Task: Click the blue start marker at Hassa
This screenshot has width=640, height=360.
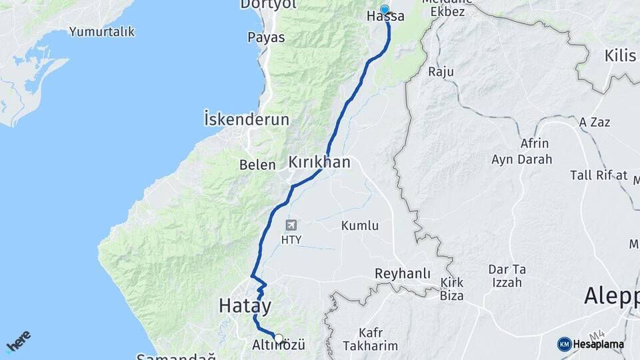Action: (385, 10)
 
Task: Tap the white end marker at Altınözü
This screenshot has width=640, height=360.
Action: (279, 338)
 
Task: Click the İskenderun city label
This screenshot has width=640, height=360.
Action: (247, 120)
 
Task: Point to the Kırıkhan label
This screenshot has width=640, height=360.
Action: (319, 162)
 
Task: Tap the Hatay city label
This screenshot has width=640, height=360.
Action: (245, 307)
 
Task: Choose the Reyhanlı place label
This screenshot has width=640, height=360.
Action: (403, 274)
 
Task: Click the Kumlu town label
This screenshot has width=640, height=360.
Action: (360, 226)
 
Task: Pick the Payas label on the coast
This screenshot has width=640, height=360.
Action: (266, 37)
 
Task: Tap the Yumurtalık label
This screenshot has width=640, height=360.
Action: (102, 31)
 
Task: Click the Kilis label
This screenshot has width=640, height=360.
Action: (621, 55)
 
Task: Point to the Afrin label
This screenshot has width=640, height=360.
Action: (535, 143)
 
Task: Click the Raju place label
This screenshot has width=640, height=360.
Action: (441, 71)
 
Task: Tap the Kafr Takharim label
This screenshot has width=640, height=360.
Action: (369, 339)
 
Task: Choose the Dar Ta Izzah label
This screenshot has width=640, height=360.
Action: (507, 275)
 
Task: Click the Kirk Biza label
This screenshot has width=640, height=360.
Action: (452, 289)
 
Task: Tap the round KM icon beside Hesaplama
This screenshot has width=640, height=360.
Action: (565, 344)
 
